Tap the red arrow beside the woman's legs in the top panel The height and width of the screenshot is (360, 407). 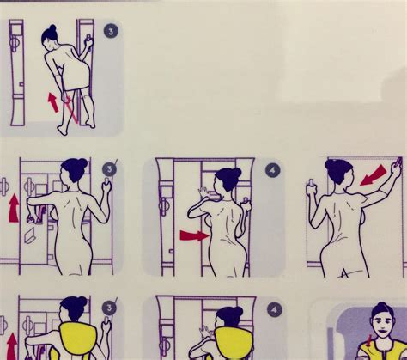pyautogui.click(x=53, y=102)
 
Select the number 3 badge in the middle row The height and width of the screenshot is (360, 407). pyautogui.click(x=108, y=169)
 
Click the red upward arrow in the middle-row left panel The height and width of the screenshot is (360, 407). pyautogui.click(x=13, y=207)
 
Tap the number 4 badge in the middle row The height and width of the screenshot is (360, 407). pyautogui.click(x=273, y=169)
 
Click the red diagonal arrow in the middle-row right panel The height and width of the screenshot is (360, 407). pyautogui.click(x=373, y=176)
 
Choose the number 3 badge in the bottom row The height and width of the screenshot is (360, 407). pyautogui.click(x=108, y=307)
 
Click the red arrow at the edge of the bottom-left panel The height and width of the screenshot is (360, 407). pyautogui.click(x=11, y=348)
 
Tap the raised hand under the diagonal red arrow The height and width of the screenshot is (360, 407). pyautogui.click(x=396, y=164)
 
